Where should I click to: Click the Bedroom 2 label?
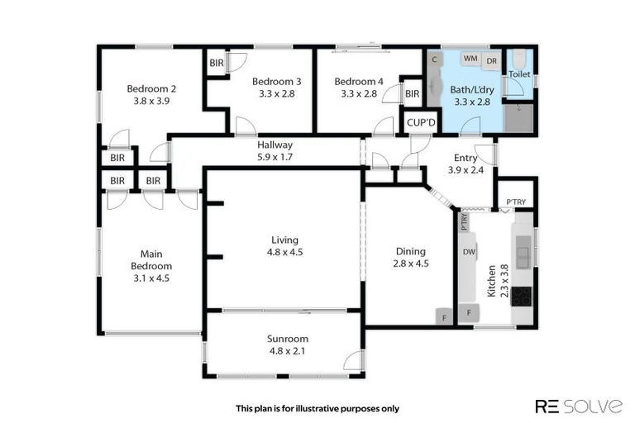pos(150,88)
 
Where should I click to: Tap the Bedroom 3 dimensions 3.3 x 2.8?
pos(276,94)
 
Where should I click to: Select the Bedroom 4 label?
pos(358,81)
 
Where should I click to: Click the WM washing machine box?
pos(470,59)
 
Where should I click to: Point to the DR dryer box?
pos(491,60)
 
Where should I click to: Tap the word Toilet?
pos(519,74)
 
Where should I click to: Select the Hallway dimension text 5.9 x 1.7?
pos(275,156)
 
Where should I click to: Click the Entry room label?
pos(465,158)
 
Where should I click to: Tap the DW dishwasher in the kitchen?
pos(469,252)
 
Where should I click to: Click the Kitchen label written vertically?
pos(491,282)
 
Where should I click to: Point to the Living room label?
pos(284,240)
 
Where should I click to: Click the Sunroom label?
pos(287,339)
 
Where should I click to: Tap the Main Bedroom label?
pos(150,259)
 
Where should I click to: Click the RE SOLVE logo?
pos(578,406)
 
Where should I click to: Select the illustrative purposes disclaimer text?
pos(317,407)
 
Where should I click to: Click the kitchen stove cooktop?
pos(522,296)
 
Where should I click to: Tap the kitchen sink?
pos(523,251)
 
